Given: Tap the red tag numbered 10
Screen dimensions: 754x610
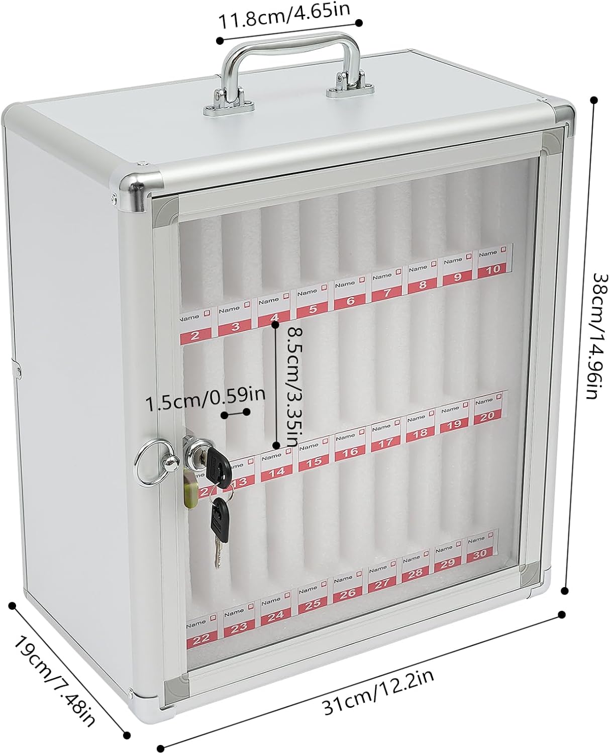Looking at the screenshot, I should click(490, 268).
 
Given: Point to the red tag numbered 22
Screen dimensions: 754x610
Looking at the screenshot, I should click(201, 637).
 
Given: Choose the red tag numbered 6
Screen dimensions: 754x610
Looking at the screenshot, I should click(350, 301).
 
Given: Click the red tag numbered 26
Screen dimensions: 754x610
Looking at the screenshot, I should click(347, 594).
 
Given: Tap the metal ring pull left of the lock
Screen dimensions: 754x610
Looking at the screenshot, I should click(148, 462).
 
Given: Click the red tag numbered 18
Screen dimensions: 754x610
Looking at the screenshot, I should click(420, 432).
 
